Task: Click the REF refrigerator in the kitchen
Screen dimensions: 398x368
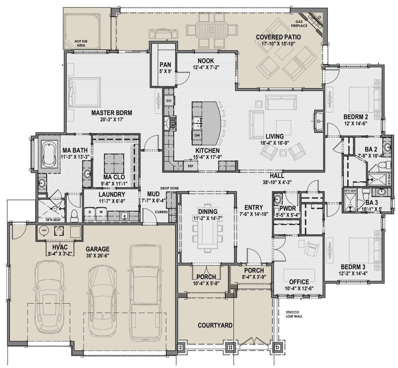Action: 191,166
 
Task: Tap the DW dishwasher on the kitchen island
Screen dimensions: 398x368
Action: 197,135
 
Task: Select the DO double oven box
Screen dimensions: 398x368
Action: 169,101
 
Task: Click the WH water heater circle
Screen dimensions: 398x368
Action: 44,230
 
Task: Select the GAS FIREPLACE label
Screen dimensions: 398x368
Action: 299,24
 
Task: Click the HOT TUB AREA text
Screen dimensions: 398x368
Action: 81,43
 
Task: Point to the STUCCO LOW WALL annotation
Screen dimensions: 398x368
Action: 294,314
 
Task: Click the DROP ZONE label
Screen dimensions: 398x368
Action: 169,188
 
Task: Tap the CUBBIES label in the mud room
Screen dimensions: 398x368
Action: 161,212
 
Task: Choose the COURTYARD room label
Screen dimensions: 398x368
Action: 215,325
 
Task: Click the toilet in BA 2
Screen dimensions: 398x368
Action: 386,165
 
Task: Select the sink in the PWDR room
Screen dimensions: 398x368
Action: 278,199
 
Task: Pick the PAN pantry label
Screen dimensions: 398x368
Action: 165,65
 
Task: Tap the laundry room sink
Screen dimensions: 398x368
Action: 124,216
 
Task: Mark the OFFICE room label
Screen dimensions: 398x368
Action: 299,282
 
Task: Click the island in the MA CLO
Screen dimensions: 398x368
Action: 114,164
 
